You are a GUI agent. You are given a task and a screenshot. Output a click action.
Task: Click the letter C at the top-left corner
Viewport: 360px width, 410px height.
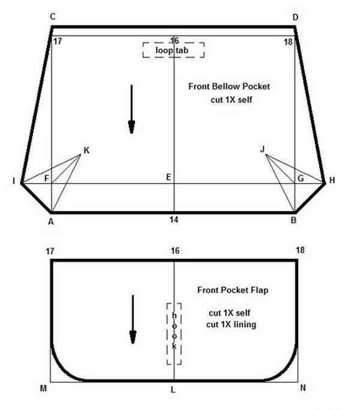coord(53,17)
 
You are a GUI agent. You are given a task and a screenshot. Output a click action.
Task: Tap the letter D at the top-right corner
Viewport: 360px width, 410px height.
coord(295,17)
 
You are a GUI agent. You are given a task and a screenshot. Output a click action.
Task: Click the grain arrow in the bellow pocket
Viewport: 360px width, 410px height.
coord(131,109)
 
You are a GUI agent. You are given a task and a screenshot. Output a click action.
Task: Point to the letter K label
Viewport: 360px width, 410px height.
coord(86,150)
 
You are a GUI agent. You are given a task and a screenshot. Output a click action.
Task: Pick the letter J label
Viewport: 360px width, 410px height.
coord(262,149)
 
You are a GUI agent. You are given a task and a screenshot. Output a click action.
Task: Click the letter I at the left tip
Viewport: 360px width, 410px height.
coord(14,181)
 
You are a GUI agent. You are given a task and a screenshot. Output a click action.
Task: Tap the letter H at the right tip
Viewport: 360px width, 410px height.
coord(332,180)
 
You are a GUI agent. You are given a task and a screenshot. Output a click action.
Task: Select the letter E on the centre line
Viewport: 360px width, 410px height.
coord(169,177)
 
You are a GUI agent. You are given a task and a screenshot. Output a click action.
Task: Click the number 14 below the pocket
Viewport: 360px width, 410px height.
coord(174,220)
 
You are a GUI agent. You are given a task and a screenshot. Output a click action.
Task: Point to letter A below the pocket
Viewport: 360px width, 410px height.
coord(51,222)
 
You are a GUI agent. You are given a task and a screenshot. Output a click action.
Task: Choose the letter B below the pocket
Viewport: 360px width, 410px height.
coord(293,220)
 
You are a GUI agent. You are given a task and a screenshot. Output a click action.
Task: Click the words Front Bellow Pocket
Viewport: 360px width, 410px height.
coord(229,86)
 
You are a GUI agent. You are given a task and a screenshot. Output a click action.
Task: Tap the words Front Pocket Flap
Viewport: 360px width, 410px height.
coord(233,290)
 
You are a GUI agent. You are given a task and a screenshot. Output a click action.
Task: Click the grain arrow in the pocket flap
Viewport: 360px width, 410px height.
coord(133,319)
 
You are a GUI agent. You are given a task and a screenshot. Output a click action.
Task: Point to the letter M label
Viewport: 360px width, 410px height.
coord(43,388)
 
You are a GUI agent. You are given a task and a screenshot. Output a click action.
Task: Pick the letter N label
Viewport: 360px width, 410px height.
coord(303,388)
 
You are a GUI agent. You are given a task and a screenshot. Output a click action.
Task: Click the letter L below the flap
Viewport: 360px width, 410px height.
coord(173,390)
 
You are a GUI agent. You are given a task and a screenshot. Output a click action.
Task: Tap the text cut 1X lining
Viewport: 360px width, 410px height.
coord(231,325)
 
